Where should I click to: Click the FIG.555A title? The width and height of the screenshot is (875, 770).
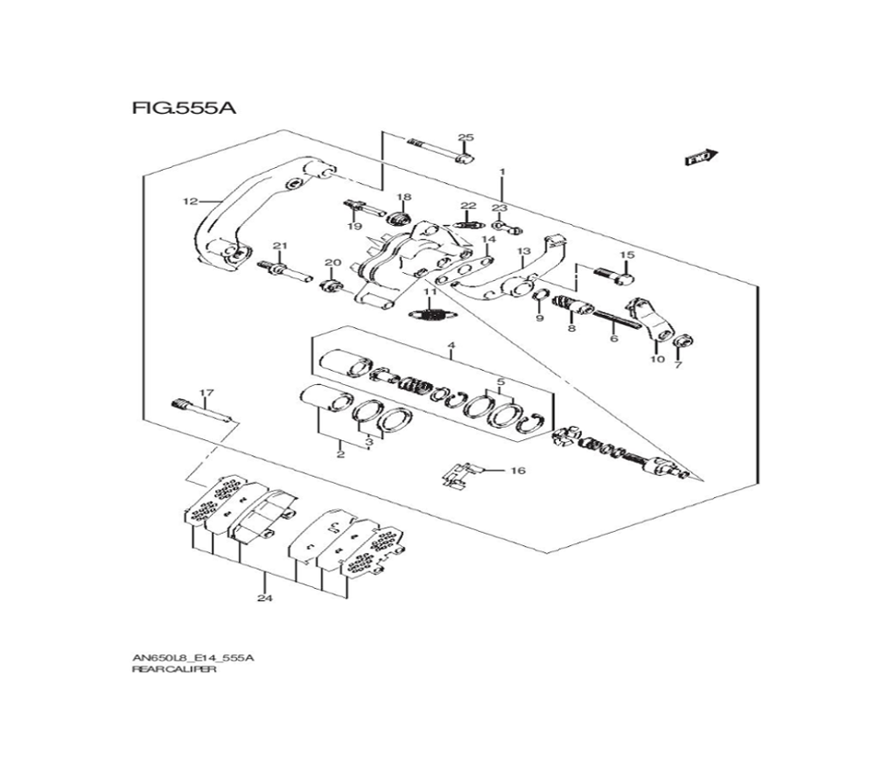[x=184, y=107]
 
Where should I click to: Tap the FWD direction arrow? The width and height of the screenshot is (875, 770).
[x=702, y=157]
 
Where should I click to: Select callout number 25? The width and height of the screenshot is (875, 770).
[x=465, y=137]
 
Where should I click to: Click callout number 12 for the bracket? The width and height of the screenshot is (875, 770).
[x=190, y=201]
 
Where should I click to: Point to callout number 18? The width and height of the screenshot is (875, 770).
[x=403, y=197]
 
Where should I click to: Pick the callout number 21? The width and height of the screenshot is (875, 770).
[x=280, y=246]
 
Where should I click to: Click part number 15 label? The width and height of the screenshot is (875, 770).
[x=627, y=255]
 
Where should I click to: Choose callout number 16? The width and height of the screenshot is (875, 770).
[x=518, y=471]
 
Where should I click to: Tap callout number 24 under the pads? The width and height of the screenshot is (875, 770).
[x=265, y=598]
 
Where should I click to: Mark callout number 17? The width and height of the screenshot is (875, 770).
[x=206, y=393]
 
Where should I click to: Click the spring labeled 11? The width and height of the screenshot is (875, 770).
[x=430, y=315]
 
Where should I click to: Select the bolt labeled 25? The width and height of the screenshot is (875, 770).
[x=441, y=150]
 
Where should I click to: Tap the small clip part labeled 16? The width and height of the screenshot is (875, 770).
[x=460, y=476]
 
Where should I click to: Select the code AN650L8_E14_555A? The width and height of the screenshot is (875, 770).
[x=192, y=657]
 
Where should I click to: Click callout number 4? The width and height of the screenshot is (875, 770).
[x=451, y=346]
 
